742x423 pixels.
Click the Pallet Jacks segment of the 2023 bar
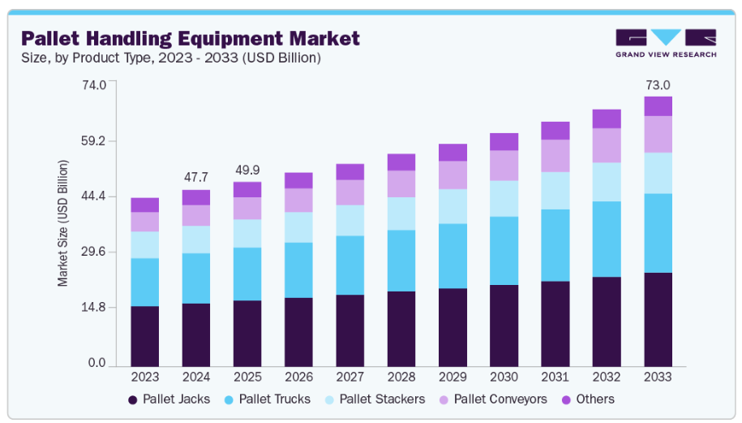[145, 336]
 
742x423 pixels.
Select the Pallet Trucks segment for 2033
[658, 233]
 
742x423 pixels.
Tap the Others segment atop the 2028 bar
[401, 162]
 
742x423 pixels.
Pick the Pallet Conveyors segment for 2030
[504, 165]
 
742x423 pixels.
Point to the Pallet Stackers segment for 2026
[298, 227]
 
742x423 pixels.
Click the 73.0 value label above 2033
[658, 85]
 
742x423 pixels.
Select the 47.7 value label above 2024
[196, 176]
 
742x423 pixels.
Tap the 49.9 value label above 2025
[247, 170]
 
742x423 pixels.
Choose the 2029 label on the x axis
[452, 378]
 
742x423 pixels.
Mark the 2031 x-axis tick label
[555, 378]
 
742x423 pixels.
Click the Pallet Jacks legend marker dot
[133, 399]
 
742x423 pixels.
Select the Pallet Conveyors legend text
[500, 399]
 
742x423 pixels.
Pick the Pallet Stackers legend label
[382, 399]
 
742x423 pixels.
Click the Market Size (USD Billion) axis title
[63, 223]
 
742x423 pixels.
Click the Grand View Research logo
[665, 42]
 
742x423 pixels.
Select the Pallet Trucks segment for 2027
[350, 265]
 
